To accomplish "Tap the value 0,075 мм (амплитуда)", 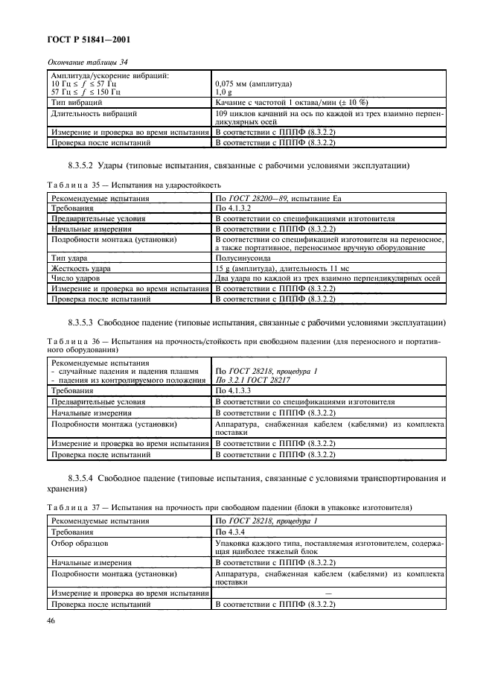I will pyautogui.click(x=252, y=84).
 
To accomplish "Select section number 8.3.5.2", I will pyautogui.click(x=85, y=164).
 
